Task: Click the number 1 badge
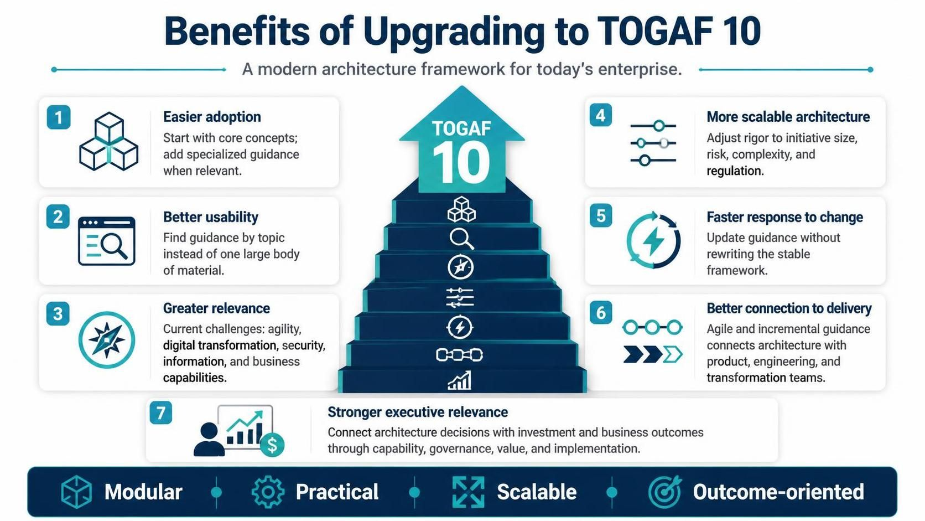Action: [x=59, y=117]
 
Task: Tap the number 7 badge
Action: [x=160, y=412]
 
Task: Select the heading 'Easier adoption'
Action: [x=212, y=117]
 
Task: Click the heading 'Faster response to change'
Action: [x=784, y=217]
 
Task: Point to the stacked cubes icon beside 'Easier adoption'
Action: [x=108, y=141]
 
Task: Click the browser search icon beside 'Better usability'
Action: [x=107, y=241]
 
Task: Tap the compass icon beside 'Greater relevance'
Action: [x=107, y=339]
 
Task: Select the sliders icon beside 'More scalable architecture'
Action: [x=653, y=143]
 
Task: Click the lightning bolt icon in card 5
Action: [x=653, y=240]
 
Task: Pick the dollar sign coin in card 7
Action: [x=272, y=445]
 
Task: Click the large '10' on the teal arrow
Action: [x=461, y=162]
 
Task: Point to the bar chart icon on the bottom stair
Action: [x=459, y=380]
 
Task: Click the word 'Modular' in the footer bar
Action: [x=143, y=492]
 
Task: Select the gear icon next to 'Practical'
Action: [x=268, y=492]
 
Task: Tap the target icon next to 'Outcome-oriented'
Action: [x=665, y=492]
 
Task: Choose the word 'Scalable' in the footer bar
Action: [x=537, y=492]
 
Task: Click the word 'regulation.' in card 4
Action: [x=735, y=171]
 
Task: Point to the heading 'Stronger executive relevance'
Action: [x=418, y=412]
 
